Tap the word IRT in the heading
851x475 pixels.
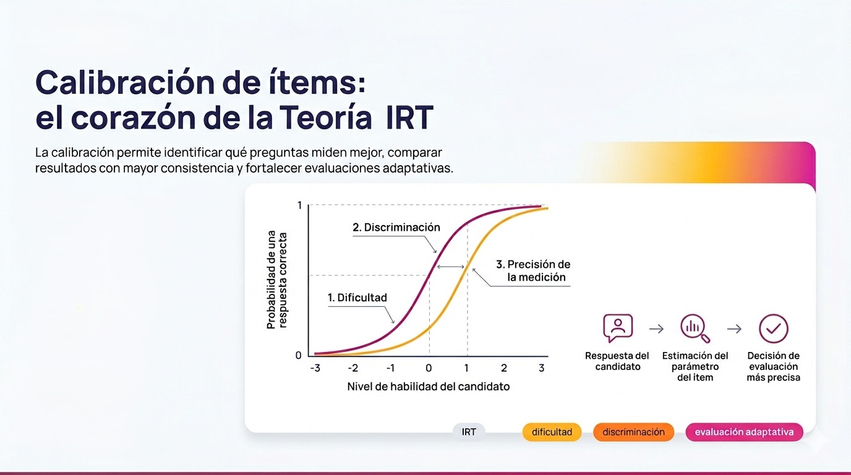click(409, 118)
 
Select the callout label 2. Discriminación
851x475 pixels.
click(396, 227)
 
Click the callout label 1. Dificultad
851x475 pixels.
click(357, 297)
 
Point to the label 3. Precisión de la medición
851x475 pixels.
click(533, 271)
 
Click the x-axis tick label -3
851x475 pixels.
click(315, 369)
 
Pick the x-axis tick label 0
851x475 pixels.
click(429, 369)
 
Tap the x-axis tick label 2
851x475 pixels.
click(504, 369)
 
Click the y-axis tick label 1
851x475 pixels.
click(300, 205)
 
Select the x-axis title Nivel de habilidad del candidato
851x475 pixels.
click(429, 387)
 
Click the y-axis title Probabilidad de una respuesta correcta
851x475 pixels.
click(276, 280)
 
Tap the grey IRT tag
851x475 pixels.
click(469, 432)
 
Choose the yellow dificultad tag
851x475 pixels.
click(552, 432)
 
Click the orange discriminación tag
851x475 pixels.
click(633, 432)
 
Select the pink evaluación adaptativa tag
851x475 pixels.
click(744, 432)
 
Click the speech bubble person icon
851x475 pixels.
click(617, 328)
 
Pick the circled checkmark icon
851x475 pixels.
click(773, 328)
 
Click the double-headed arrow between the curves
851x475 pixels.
click(450, 267)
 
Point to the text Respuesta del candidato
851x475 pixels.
click(617, 361)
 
